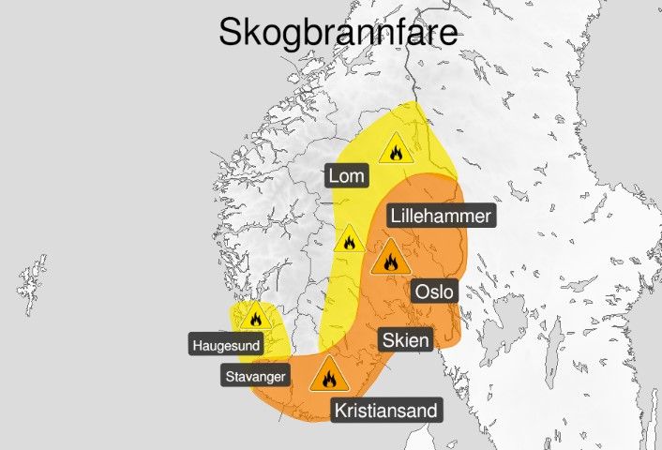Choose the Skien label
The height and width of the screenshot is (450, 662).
point(406,339)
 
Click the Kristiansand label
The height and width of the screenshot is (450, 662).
point(385,410)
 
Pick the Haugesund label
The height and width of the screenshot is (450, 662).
point(225,345)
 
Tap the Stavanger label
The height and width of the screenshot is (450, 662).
point(254,377)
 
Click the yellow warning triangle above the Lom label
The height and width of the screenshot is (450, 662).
point(396,149)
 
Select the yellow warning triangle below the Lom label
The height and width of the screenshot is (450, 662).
point(349,240)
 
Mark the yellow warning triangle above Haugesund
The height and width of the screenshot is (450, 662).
point(253,317)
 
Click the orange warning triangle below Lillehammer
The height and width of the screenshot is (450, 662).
point(388,258)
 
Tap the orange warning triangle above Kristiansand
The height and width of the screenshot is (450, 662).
point(328,376)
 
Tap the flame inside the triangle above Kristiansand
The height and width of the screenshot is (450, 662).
point(328,379)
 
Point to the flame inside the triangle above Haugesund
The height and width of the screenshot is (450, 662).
point(253,320)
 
